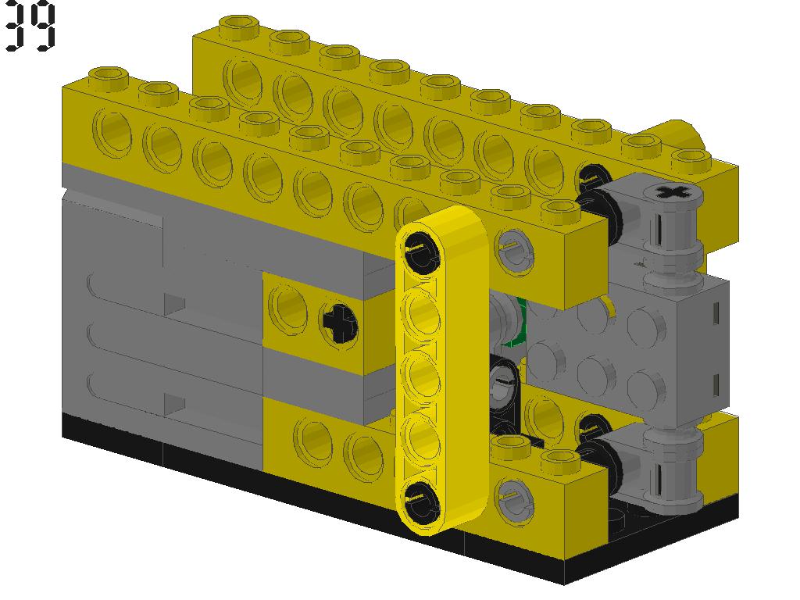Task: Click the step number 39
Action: click(31, 27)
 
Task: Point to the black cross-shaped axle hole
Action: click(338, 321)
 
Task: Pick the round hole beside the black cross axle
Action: click(287, 307)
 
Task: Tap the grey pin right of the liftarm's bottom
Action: click(513, 494)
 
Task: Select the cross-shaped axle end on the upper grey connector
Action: click(670, 192)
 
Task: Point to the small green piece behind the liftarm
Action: click(516, 328)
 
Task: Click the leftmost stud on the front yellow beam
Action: click(109, 77)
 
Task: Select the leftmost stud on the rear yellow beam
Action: click(241, 25)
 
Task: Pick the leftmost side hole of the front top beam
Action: click(114, 130)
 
